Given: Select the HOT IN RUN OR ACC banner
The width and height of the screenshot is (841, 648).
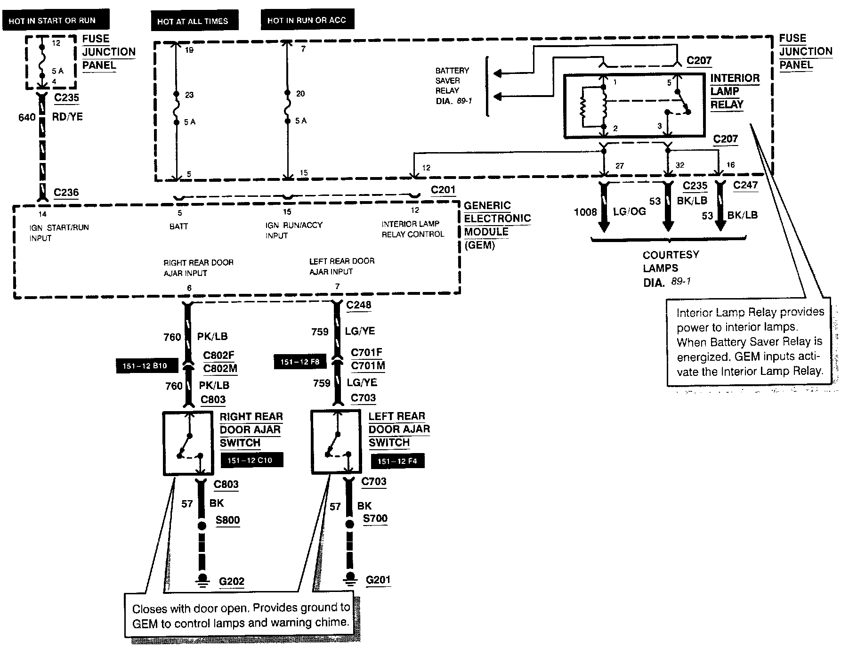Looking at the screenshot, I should pos(307,20).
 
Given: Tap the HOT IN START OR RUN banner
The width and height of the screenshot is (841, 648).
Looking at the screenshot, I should pos(52,21).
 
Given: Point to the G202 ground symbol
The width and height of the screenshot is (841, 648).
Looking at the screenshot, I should pos(202,580).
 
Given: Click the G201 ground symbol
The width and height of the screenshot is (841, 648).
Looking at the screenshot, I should pos(350,578).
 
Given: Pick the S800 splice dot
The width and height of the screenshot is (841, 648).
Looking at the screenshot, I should pos(202,525).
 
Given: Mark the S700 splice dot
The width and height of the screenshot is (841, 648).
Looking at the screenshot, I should pos(350,524).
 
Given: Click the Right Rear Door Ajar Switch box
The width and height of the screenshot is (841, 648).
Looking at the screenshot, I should pos(188,443).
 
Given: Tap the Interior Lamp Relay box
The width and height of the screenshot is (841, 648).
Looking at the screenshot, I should pos(634,105).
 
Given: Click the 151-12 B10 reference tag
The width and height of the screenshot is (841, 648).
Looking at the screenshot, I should pos(145,366).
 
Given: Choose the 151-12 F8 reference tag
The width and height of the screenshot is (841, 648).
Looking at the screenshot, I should pos(300,362).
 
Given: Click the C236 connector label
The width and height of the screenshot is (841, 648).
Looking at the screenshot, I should pos(66,192).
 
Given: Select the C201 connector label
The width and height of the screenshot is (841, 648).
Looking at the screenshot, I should pos(443,190).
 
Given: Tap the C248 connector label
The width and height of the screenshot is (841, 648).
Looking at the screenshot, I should pos(358,305).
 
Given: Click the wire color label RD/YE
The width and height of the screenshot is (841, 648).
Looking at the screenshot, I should pos(67,117).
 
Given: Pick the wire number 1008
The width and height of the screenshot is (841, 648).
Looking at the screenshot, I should pos(585,212).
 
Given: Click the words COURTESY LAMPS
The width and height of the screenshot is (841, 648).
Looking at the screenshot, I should pos(671,261).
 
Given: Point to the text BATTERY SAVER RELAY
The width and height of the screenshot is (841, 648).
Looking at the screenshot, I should pos(453,81).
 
